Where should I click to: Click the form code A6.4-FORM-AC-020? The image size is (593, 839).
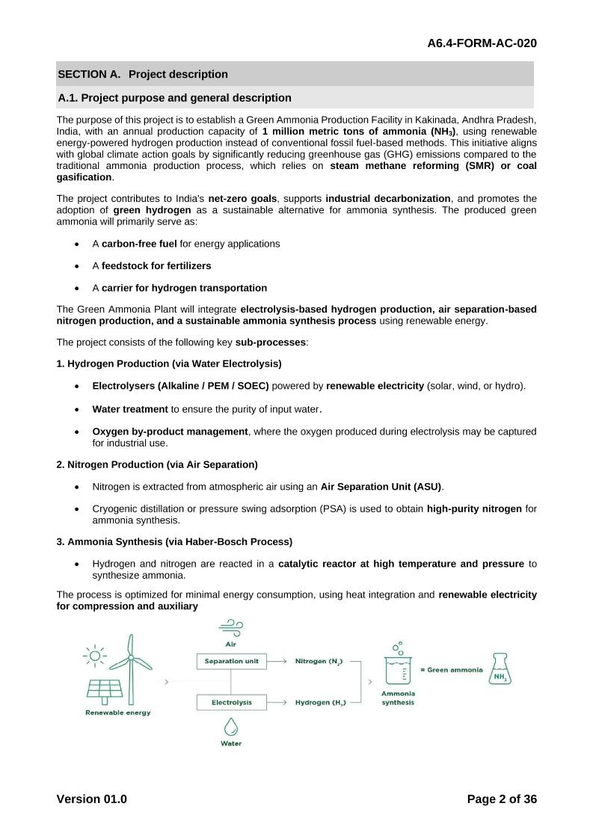[482, 43]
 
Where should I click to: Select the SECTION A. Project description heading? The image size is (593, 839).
[143, 74]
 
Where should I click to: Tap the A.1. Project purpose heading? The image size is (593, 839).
[174, 98]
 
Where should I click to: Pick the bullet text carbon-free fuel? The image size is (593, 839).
[139, 244]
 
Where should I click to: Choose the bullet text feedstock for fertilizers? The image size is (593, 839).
[156, 265]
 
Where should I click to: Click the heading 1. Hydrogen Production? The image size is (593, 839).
[169, 363]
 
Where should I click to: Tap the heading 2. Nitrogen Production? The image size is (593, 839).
[157, 464]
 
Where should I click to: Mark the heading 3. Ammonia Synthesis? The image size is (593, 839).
[174, 541]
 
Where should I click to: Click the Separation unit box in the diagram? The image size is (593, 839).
[231, 661]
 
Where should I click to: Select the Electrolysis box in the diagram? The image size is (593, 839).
[231, 702]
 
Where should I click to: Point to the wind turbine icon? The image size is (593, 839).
[132, 658]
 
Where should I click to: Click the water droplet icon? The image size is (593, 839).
[231, 725]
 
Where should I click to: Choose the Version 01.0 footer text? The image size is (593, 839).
[91, 799]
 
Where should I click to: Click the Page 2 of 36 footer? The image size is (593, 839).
[502, 799]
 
